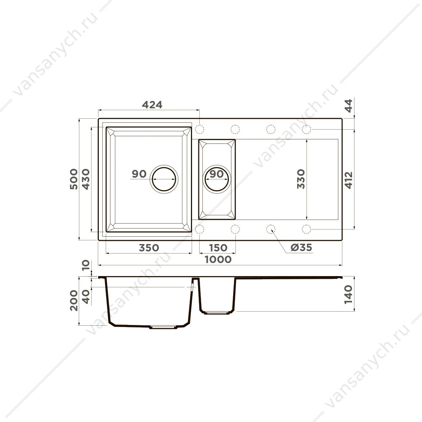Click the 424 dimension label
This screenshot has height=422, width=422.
click(x=152, y=105)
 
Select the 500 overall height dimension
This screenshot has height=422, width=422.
click(x=74, y=179)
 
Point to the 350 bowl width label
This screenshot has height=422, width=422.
click(x=149, y=248)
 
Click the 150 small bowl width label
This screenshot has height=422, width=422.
click(x=218, y=248)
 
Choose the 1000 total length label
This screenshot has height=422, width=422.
click(x=218, y=260)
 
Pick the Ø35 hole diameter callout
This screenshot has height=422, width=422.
click(x=301, y=248)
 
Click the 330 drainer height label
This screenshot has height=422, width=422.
click(x=301, y=179)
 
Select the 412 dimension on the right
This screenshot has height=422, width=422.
click(x=349, y=180)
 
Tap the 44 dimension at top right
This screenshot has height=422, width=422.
click(x=349, y=106)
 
